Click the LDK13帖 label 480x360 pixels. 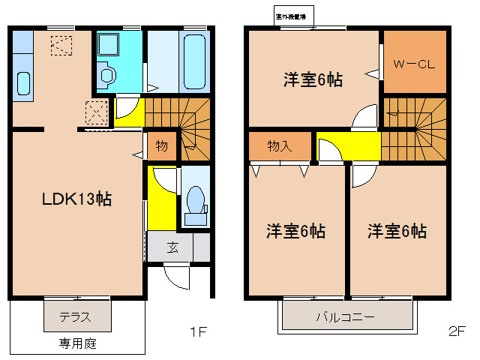[x=76, y=199]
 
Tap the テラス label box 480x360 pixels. [x=76, y=316]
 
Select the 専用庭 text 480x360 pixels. [x=78, y=344]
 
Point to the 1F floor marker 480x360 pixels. [x=197, y=330]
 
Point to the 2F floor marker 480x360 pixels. [x=457, y=330]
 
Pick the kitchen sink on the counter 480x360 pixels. [x=22, y=83]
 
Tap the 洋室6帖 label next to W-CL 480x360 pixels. [x=312, y=79]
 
